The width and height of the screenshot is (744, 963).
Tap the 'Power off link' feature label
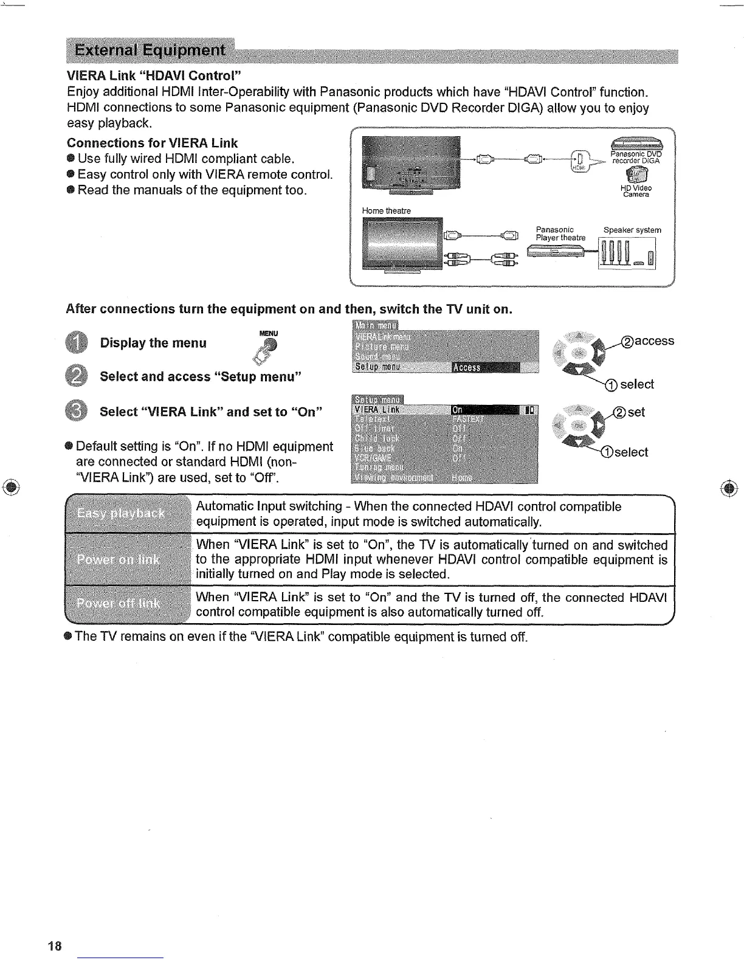point(119,604)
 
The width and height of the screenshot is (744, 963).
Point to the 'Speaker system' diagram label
point(632,230)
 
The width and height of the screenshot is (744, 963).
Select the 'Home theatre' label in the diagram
point(386,211)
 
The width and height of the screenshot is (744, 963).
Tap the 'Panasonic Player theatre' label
point(560,233)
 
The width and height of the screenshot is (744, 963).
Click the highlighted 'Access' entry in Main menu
point(486,368)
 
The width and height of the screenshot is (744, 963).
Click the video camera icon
point(636,175)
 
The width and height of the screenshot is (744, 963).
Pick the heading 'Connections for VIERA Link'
point(152,143)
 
